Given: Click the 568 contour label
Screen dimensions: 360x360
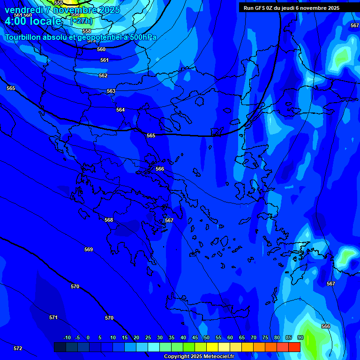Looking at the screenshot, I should coord(109,220).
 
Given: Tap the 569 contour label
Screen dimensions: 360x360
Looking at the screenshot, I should coord(89,249).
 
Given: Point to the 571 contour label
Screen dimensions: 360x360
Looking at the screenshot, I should coord(53,317).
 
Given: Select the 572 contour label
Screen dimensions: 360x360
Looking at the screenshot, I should coord(18,348).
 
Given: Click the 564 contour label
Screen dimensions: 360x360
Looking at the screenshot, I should coord(120,110).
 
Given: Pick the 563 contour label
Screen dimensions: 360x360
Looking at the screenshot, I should coord(111,91).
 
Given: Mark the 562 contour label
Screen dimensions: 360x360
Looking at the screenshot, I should coord(103,75).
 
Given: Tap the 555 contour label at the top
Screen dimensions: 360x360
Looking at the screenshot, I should coord(59,3).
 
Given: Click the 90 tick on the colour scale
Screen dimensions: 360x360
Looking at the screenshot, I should coord(300,337).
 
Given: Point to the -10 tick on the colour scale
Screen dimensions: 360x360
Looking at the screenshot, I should coord(67,337).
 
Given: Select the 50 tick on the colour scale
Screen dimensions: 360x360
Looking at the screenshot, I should coord(206,337).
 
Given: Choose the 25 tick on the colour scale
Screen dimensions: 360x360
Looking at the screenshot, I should coord(148,337).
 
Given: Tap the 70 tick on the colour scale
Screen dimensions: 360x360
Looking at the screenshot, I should coord(254,337).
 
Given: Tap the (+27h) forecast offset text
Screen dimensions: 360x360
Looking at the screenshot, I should coord(81,21).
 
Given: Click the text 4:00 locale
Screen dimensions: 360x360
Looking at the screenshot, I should coord(33,21).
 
